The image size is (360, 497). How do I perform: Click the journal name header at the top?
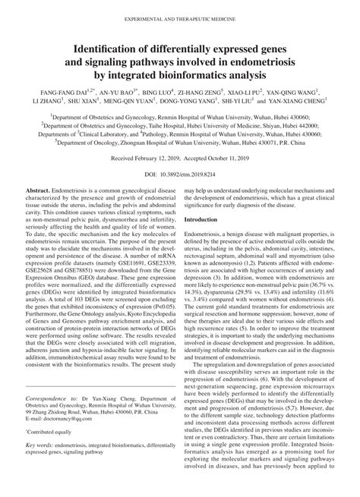179,10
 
